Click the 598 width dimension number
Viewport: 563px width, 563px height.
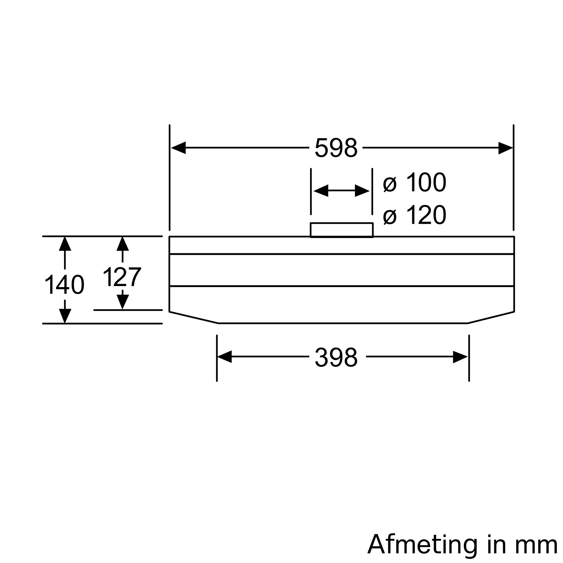point(336,148)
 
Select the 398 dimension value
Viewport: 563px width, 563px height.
point(336,357)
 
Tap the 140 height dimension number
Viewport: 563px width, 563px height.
point(64,285)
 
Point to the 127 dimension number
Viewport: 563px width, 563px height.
point(122,277)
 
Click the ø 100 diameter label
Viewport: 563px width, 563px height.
point(415,183)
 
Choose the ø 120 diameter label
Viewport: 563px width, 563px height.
point(415,215)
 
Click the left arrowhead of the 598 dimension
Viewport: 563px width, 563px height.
point(178,148)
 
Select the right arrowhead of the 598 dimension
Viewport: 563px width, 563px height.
point(505,148)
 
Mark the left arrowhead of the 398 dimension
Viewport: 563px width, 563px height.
point(224,357)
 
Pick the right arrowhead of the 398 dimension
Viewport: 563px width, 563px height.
point(460,357)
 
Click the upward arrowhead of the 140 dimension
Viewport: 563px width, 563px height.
point(65,243)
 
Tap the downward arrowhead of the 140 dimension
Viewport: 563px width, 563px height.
point(65,316)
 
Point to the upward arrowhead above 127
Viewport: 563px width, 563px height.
point(123,243)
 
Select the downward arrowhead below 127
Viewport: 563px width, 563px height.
point(123,302)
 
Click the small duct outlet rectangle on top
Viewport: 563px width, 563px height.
point(341,230)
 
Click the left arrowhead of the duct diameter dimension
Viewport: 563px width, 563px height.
point(321,191)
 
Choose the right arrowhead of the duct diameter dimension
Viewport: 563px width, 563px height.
point(362,191)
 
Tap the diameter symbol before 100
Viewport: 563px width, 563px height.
point(390,184)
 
